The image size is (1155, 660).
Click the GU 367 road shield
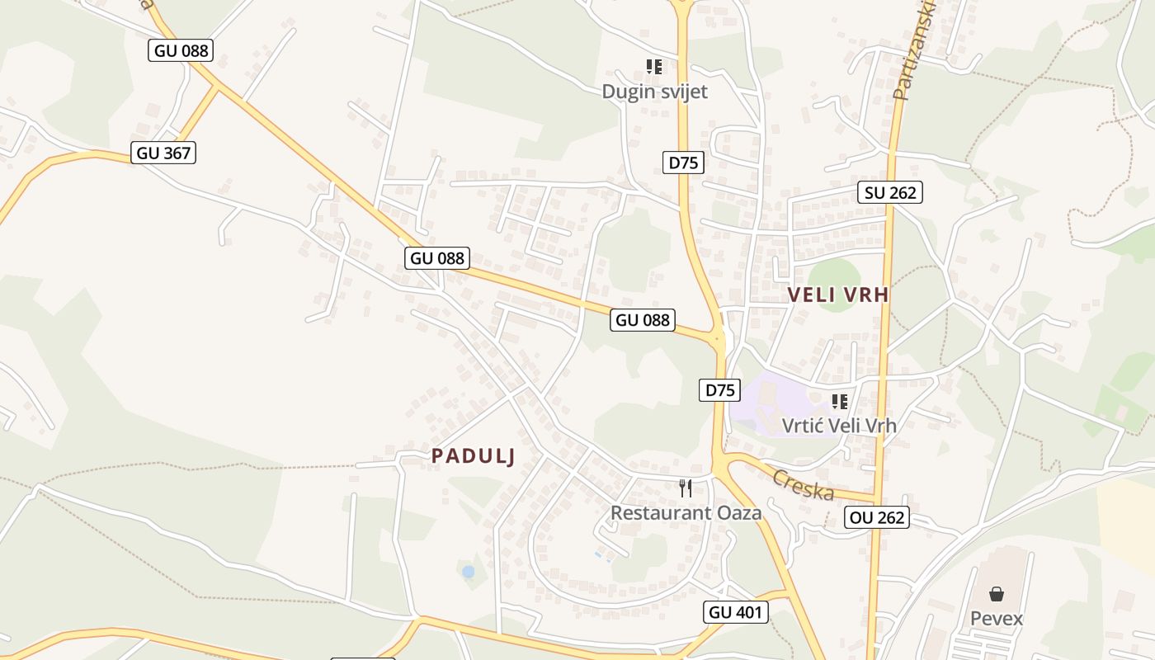point(163,153)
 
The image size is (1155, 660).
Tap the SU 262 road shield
point(889,192)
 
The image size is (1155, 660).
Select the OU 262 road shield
point(876,517)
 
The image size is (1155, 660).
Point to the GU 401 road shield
point(736,611)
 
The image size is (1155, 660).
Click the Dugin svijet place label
point(654,92)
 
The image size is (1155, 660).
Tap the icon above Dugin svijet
point(654,67)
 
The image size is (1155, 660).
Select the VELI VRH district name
point(838,295)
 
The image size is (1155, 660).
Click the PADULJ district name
point(473,456)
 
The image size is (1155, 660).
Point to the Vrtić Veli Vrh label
point(839,426)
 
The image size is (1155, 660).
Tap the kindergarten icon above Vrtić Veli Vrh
point(840,402)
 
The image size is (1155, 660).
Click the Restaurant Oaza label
point(686,512)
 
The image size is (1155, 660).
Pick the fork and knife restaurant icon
point(686,488)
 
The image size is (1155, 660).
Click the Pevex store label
point(997,618)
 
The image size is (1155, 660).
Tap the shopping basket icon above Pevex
point(997,594)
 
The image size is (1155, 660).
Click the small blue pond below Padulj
point(468,571)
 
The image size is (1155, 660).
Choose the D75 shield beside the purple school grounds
point(721,390)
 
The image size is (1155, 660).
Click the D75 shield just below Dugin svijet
point(683,163)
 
